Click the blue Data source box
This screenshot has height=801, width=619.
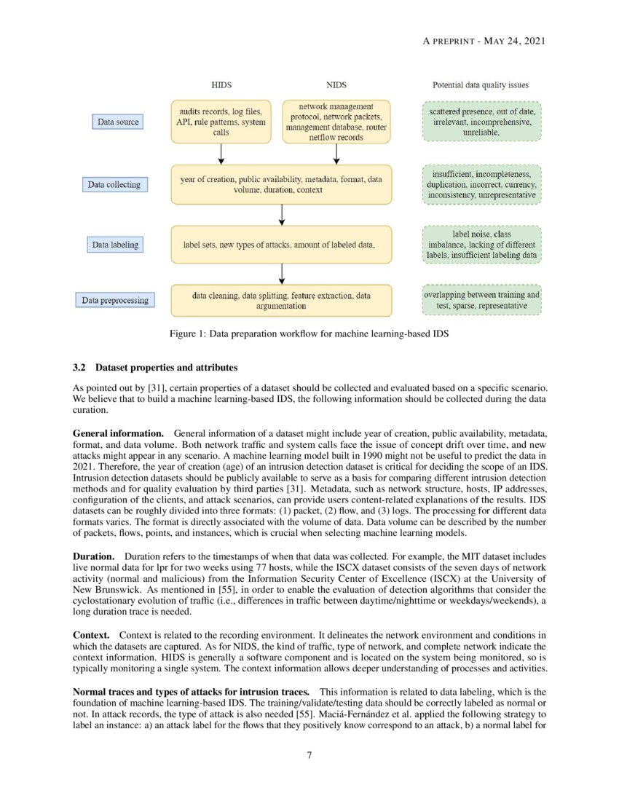tap(118, 122)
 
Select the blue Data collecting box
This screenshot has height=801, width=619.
tap(114, 185)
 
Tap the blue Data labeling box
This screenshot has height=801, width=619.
tap(116, 245)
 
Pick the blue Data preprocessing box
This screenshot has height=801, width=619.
tap(114, 300)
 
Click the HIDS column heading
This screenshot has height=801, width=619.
tap(221, 85)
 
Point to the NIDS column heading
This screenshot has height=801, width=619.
tap(336, 85)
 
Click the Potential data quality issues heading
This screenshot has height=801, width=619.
tap(481, 85)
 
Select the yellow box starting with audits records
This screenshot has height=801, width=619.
tap(221, 122)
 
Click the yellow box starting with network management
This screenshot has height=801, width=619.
tap(336, 122)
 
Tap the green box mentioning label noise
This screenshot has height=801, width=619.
tap(481, 245)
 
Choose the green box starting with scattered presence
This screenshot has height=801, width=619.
tap(481, 122)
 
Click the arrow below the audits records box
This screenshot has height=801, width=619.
tap(221, 154)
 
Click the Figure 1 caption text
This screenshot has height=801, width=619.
tap(309, 334)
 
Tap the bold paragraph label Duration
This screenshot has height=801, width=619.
tap(93, 557)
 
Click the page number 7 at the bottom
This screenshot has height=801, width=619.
tap(309, 755)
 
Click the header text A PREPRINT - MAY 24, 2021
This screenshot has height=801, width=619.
tap(484, 41)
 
